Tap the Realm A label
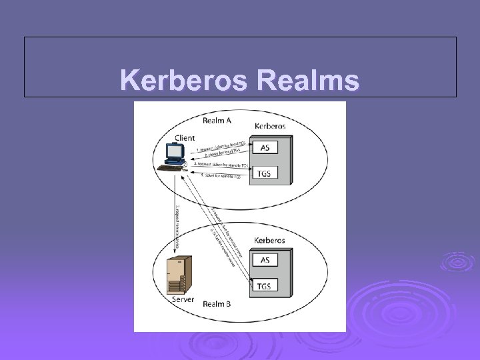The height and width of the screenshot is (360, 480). point(217,120)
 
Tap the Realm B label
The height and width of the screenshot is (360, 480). point(217,304)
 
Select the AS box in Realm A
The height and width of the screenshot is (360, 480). point(265,147)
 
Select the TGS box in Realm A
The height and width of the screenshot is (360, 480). point(265,174)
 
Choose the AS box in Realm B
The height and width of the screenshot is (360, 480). point(265,261)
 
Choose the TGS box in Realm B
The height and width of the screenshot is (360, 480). point(265,287)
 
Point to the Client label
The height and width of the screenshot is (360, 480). point(185,137)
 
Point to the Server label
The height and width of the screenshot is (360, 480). point(183,299)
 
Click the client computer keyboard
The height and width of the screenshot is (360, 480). point(172,167)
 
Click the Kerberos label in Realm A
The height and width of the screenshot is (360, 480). point(270,125)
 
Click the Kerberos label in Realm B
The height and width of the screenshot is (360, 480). point(269,240)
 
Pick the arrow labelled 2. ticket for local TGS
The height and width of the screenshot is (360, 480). point(220,155)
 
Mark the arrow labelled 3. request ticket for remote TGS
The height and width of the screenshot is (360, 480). point(220,164)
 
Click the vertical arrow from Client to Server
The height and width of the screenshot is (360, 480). point(175,213)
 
